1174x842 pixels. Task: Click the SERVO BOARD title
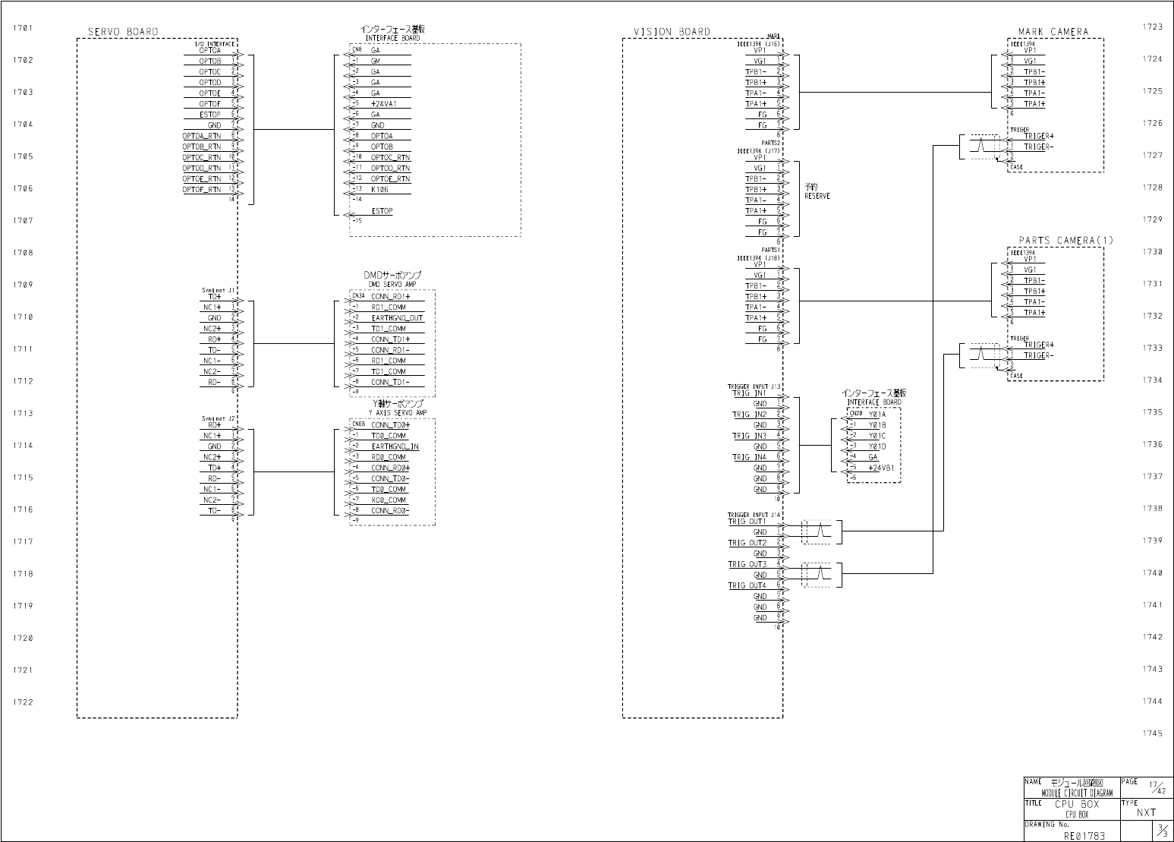(123, 32)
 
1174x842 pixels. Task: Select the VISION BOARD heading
(672, 32)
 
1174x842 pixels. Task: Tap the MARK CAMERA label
(1053, 32)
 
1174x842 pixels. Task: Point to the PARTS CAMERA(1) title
(1065, 241)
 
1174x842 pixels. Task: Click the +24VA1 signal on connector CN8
(383, 103)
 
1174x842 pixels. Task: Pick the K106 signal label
(380, 189)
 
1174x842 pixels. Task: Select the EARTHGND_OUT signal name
(397, 318)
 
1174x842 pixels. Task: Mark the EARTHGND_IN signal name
(395, 446)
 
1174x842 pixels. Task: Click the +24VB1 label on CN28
(881, 468)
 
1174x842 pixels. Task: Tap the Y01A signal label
(877, 415)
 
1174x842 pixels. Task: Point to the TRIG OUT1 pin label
(747, 522)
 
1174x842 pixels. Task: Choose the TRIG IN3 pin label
(748, 436)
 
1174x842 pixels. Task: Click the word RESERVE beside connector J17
(817, 196)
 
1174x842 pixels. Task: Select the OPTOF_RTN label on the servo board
(202, 189)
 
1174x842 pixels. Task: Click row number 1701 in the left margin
(23, 28)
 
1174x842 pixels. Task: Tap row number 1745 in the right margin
(1151, 733)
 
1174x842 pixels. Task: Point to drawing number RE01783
(1084, 835)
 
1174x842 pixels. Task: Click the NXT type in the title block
(1146, 812)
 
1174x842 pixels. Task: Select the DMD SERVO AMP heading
(392, 283)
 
